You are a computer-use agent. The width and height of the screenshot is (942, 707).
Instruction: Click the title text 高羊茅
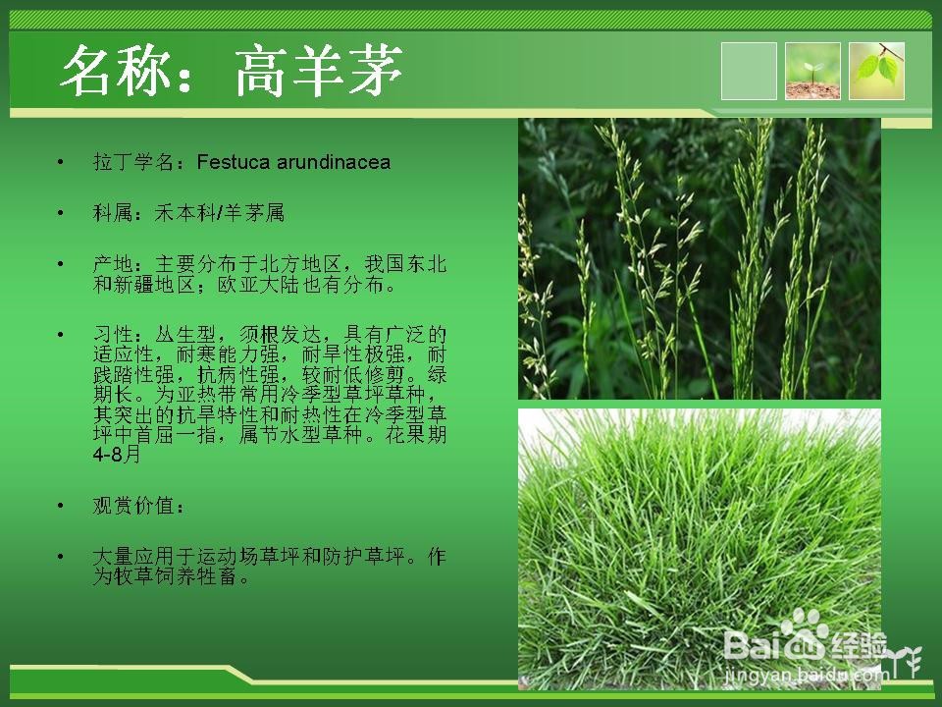pos(318,71)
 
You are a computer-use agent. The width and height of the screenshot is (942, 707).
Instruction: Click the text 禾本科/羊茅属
pos(219,213)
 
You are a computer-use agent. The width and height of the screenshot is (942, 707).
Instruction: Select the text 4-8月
pos(117,455)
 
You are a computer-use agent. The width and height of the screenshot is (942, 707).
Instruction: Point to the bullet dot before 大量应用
pos(60,557)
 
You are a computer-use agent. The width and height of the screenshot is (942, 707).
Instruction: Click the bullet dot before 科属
pos(60,213)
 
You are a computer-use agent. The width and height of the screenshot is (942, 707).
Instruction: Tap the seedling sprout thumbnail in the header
pos(812,71)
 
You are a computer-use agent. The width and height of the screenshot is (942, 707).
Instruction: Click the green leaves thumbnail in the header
pos(876,71)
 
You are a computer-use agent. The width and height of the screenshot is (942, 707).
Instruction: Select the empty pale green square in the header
pos(749,71)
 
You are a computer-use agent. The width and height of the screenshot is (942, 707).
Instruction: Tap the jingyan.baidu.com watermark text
pos(805,676)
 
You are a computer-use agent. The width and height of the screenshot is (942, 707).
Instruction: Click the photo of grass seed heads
pos(700,258)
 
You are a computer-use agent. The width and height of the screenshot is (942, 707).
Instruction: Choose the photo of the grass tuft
pos(700,549)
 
